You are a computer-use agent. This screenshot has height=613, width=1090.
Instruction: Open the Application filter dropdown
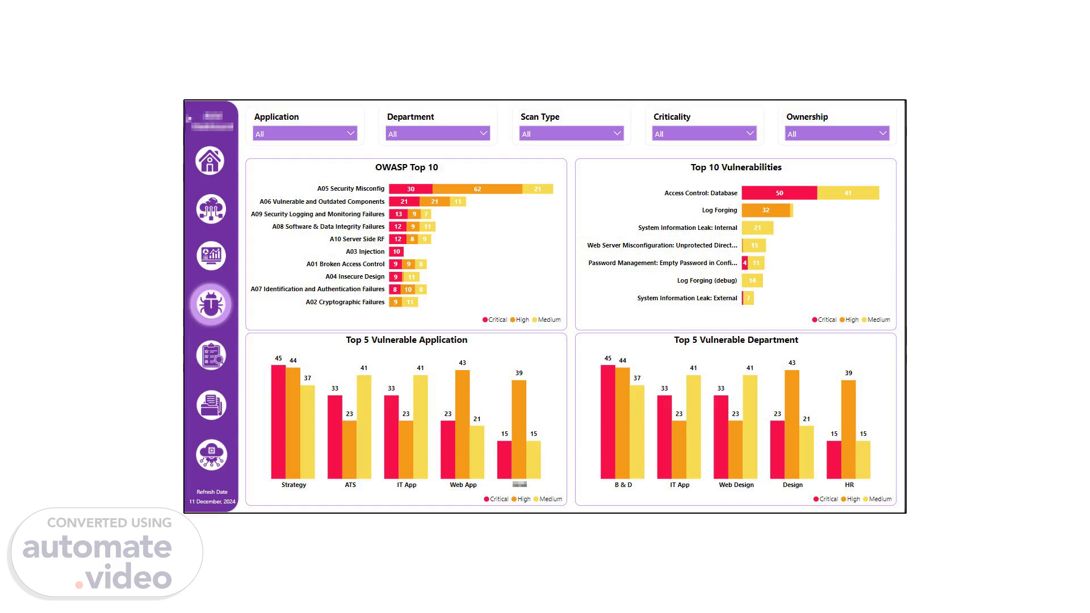pyautogui.click(x=305, y=133)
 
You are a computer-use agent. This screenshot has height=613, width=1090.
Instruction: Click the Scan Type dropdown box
pyautogui.click(x=571, y=133)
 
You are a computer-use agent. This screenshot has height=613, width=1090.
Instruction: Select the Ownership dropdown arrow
pyautogui.click(x=882, y=133)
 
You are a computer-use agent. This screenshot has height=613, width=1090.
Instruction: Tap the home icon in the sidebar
pyautogui.click(x=210, y=161)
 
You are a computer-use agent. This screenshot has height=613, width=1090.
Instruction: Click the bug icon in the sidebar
pyautogui.click(x=211, y=305)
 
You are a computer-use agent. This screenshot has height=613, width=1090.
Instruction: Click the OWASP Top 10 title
pyautogui.click(x=406, y=167)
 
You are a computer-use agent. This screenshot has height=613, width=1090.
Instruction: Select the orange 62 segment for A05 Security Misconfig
pyautogui.click(x=477, y=189)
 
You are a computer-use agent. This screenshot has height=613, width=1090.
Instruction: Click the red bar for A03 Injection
pyautogui.click(x=396, y=251)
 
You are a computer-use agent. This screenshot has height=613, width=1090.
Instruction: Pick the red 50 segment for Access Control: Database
pyautogui.click(x=779, y=193)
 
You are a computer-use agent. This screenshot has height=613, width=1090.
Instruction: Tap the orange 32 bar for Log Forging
pyautogui.click(x=765, y=210)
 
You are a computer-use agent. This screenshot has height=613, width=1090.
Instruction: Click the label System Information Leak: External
pyautogui.click(x=687, y=298)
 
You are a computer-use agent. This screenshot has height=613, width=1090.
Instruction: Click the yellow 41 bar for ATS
pyautogui.click(x=364, y=426)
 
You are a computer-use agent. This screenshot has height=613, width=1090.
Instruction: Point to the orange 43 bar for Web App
pyautogui.click(x=463, y=424)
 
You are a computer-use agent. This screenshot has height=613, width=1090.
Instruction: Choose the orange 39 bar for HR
pyautogui.click(x=849, y=429)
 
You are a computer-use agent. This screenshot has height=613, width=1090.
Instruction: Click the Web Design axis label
pyautogui.click(x=736, y=485)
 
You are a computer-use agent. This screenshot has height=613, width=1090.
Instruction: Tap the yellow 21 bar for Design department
pyautogui.click(x=806, y=452)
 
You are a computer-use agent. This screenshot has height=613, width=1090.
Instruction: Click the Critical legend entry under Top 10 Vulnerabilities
pyautogui.click(x=824, y=320)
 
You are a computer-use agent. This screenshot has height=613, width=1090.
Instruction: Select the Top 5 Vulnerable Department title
pyautogui.click(x=736, y=340)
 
